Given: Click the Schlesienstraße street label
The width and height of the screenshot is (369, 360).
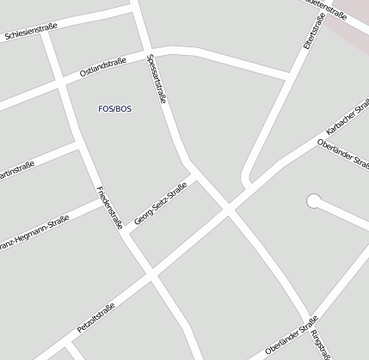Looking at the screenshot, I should coord(31,32).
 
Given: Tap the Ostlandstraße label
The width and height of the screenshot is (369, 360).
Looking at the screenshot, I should coord(102,67).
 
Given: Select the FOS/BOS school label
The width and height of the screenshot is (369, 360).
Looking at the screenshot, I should coord(116,107).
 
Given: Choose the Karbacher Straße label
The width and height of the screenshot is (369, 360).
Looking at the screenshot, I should coord(347,122).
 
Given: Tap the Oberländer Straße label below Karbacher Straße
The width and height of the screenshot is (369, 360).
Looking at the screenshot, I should coord(343,153).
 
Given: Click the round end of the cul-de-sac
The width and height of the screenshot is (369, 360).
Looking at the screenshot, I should coord(314,202).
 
